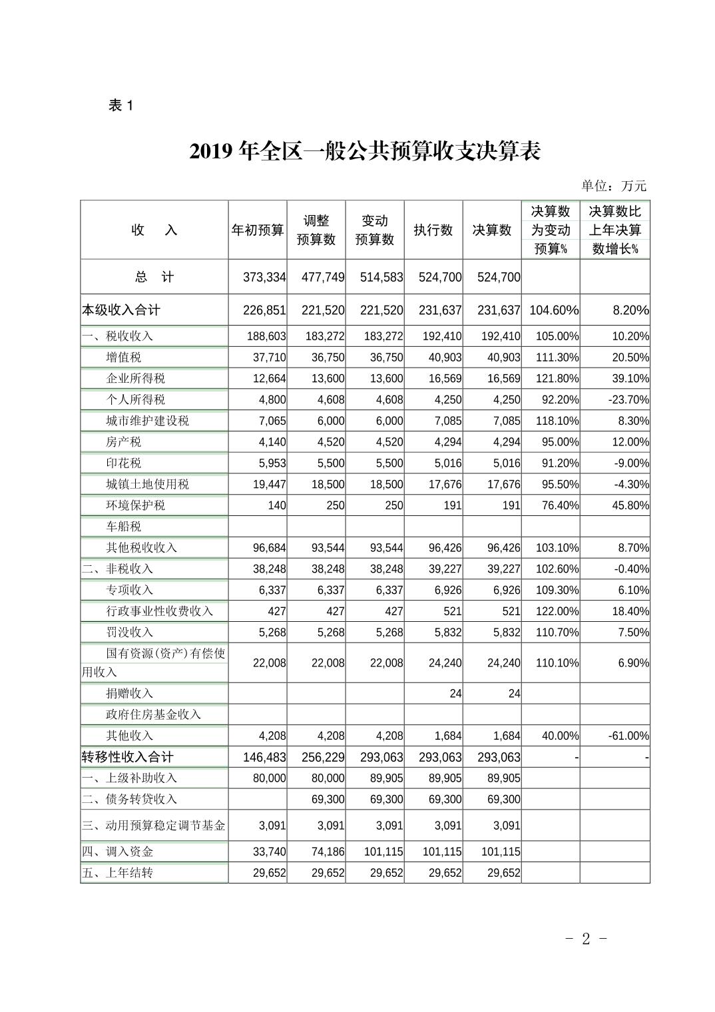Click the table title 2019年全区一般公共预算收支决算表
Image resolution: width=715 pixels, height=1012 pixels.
pos(364,151)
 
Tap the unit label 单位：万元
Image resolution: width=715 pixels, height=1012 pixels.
pos(613,186)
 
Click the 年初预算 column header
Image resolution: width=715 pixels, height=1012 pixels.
pos(257,230)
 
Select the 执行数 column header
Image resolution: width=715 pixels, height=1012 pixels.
pos(433,230)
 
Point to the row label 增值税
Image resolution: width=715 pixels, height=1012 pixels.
pos(124,358)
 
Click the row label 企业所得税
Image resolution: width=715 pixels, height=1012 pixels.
pos(135,379)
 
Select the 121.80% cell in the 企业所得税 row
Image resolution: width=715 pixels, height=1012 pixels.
pos(557,379)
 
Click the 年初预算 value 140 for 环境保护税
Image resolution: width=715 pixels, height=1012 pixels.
pos(277,505)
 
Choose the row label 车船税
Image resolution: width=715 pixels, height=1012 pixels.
pos(124,527)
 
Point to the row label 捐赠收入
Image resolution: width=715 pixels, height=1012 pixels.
pos(129,694)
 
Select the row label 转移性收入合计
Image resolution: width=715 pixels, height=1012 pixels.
pos(127,757)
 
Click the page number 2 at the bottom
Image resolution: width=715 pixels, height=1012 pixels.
pos(586,939)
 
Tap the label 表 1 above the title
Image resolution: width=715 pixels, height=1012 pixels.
pos(121,105)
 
